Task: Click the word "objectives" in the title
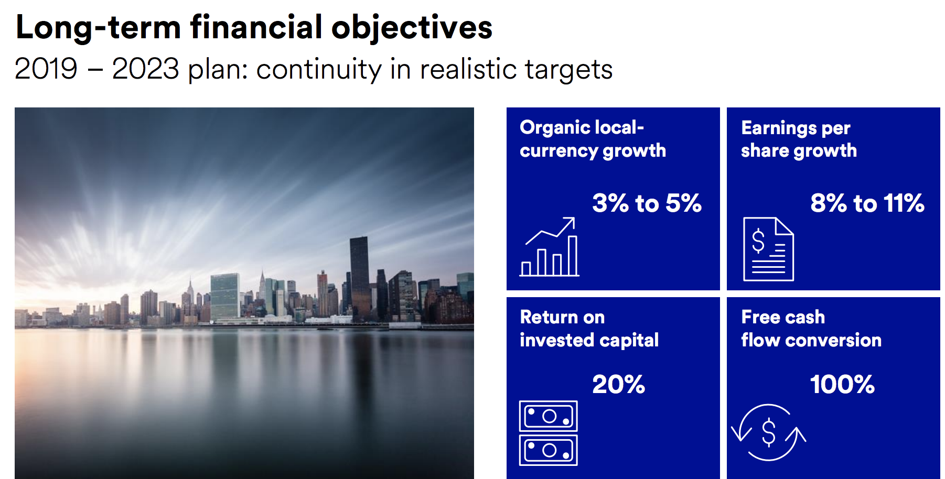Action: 412,28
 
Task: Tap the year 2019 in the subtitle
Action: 46,69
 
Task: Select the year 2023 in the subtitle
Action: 145,69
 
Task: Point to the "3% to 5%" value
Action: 647,203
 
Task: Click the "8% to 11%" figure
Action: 867,203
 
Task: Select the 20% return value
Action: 618,384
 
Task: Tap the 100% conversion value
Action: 842,384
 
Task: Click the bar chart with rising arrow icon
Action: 550,247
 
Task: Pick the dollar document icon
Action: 768,249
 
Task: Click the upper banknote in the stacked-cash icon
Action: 549,416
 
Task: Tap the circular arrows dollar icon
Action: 769,432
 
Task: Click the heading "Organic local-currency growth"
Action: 593,139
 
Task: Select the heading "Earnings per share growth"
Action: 799,139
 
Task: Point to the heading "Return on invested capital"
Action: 589,329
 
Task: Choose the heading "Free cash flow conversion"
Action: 811,329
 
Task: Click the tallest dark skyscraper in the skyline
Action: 359,278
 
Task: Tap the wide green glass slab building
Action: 225,297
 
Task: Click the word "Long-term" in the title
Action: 99,28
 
